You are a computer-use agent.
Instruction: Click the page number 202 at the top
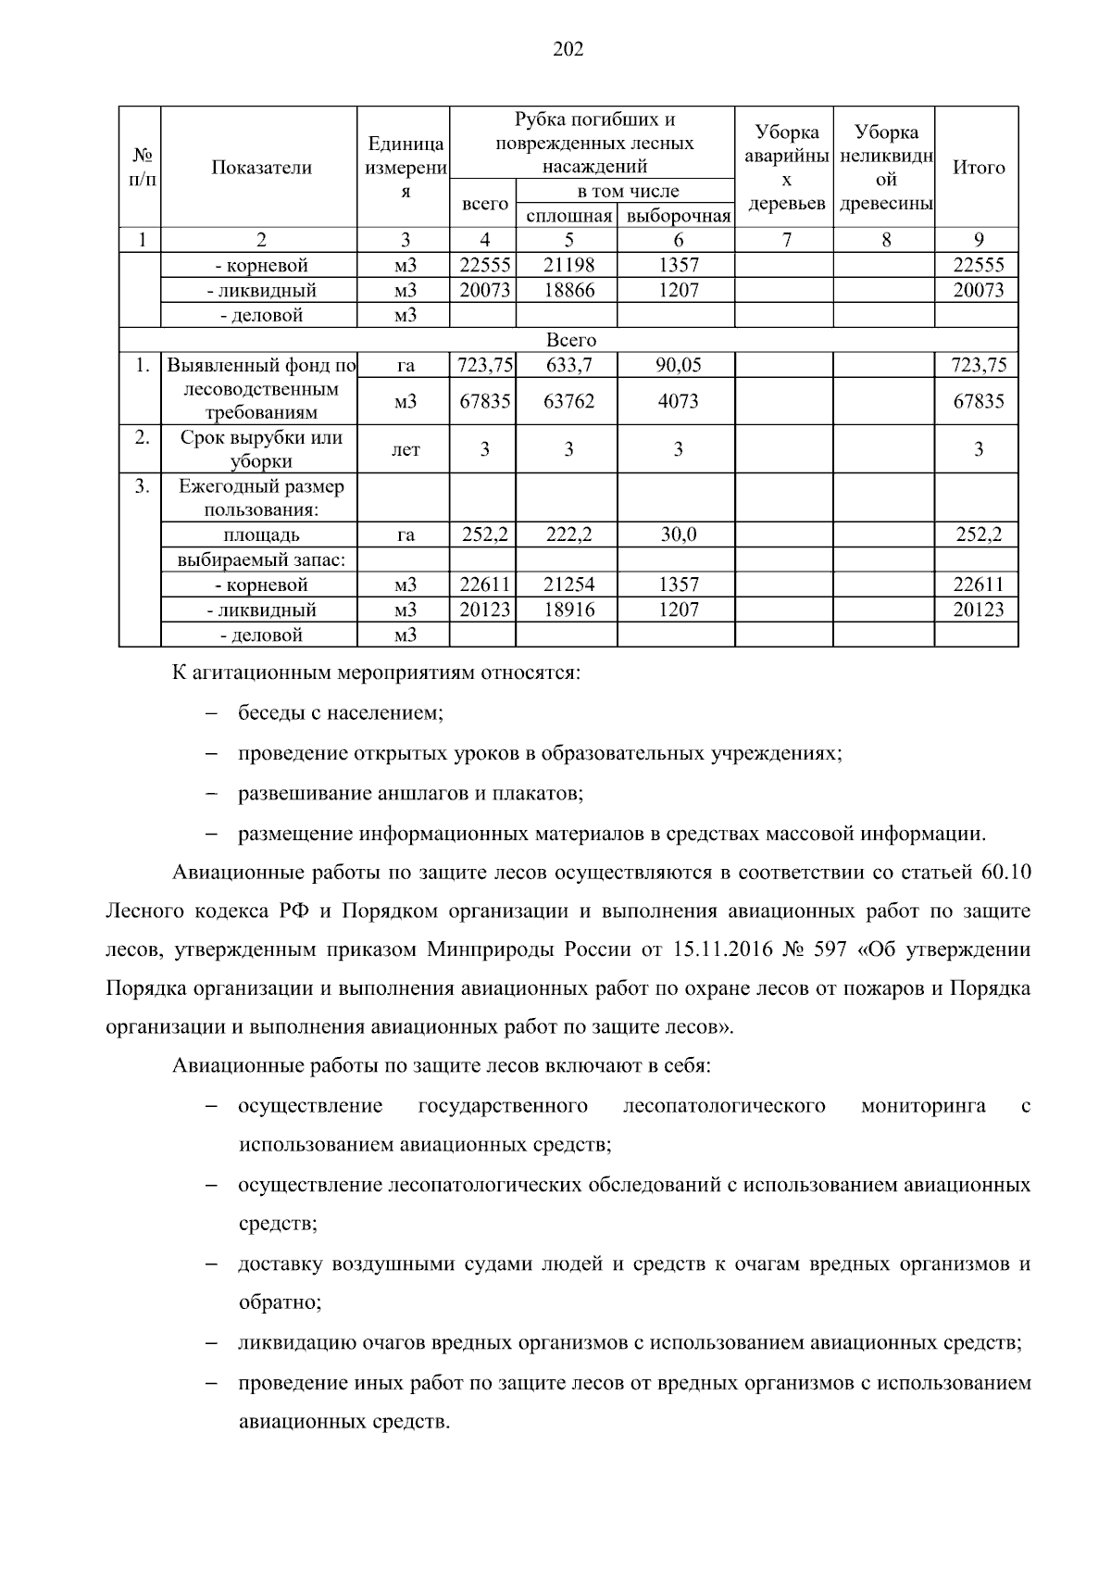click(568, 50)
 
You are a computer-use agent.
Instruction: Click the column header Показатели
click(261, 168)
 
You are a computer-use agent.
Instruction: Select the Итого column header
click(979, 168)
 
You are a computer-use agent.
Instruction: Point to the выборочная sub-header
click(679, 217)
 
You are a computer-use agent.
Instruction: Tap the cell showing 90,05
click(678, 365)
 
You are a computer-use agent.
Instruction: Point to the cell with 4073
click(678, 401)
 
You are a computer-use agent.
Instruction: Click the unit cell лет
click(406, 450)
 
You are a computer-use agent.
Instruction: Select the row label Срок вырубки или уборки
click(261, 449)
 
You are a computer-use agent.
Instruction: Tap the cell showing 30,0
click(678, 534)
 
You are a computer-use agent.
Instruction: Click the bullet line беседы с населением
click(341, 713)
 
